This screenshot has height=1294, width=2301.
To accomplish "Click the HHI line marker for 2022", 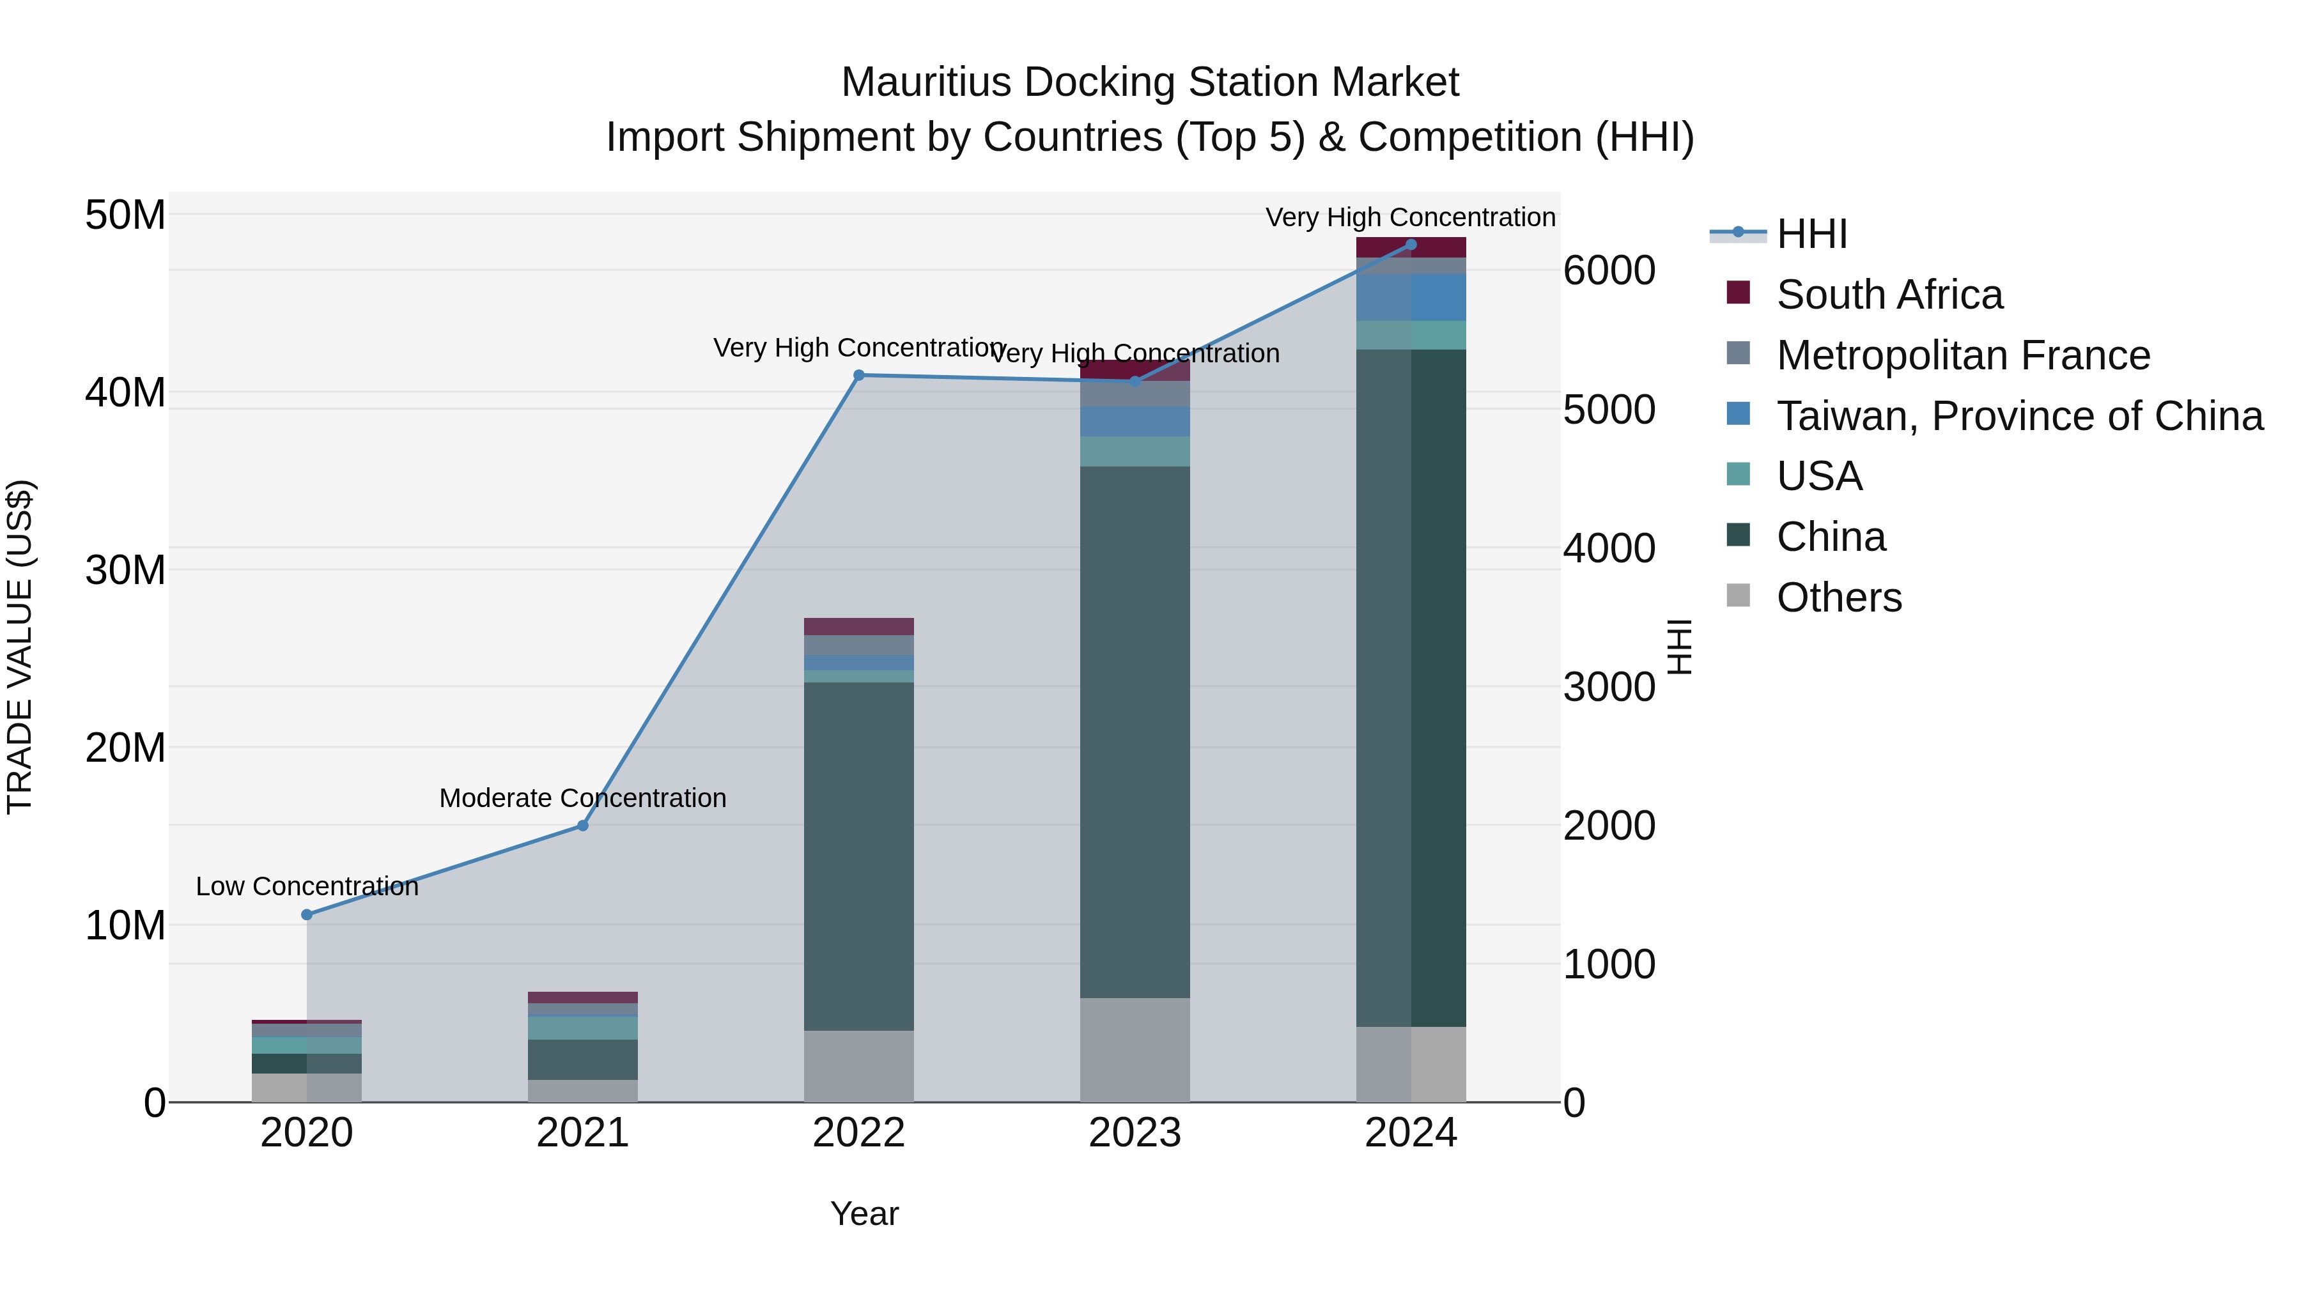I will pyautogui.click(x=858, y=375).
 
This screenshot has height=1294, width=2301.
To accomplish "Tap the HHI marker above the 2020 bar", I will pyautogui.click(x=306, y=914).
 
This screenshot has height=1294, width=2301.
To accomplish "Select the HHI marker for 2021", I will pyautogui.click(x=582, y=825).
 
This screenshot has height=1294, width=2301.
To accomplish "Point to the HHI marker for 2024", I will pyautogui.click(x=1411, y=245).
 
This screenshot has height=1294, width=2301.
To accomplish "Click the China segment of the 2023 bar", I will pyautogui.click(x=1135, y=732).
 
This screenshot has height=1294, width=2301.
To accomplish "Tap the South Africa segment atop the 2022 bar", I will pyautogui.click(x=858, y=626).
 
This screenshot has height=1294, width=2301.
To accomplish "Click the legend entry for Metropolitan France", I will pyautogui.click(x=1962, y=355).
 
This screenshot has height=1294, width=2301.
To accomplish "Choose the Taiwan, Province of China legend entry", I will pyautogui.click(x=2018, y=416).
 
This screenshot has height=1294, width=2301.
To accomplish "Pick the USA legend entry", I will pyautogui.click(x=1818, y=476).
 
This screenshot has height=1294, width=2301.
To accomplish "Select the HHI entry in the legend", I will pyautogui.click(x=1811, y=234).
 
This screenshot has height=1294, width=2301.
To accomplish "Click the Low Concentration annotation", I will pyautogui.click(x=306, y=887).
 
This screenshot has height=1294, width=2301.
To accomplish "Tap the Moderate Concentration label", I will pyautogui.click(x=582, y=798).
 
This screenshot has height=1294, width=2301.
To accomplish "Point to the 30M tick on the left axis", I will pyautogui.click(x=125, y=570).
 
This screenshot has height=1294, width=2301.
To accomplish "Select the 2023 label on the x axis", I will pyautogui.click(x=1135, y=1133).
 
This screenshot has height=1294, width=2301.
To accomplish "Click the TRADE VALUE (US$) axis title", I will pyautogui.click(x=20, y=647).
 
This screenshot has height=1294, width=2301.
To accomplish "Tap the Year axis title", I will pyautogui.click(x=864, y=1213).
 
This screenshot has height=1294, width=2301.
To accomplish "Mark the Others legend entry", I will pyautogui.click(x=1838, y=597).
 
